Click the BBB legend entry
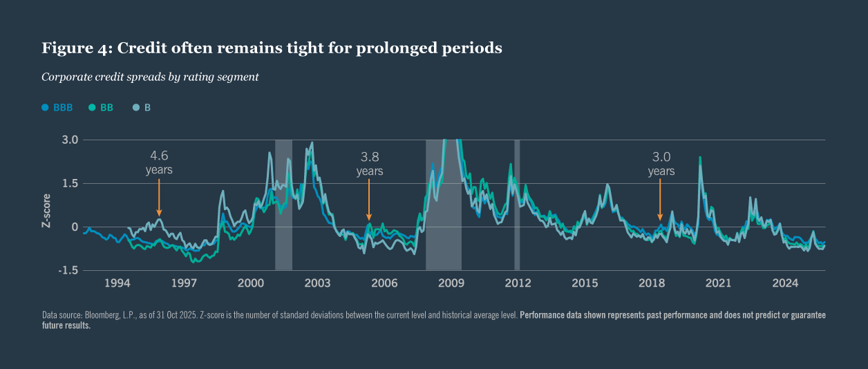57,108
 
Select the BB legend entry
101,108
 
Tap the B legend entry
142,108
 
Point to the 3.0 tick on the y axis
70,140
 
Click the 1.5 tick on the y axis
70,183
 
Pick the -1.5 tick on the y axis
69,271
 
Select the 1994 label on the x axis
117,283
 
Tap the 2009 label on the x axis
451,283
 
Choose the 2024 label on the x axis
786,283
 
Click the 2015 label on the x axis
585,283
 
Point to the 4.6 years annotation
159,162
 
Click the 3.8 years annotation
370,164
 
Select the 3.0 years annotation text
661,164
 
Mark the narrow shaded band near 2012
517,205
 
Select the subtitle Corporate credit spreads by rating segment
150,77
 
